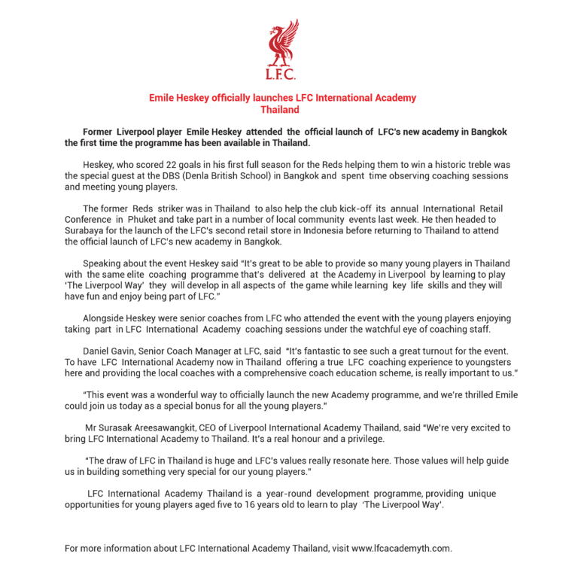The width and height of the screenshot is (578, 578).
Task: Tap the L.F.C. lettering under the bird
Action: [x=281, y=75]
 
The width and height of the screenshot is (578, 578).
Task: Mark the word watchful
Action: [x=391, y=330]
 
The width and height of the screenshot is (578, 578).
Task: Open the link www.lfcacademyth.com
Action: [x=401, y=548]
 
